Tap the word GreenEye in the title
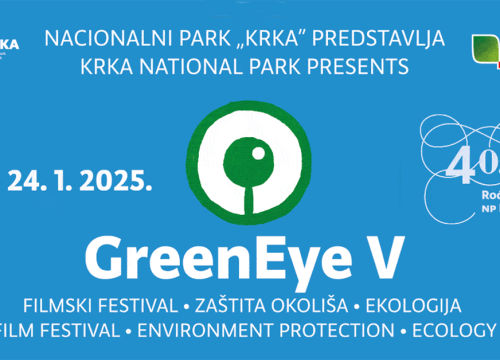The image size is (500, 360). coord(209,257)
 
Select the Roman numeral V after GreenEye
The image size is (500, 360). coord(386,257)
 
